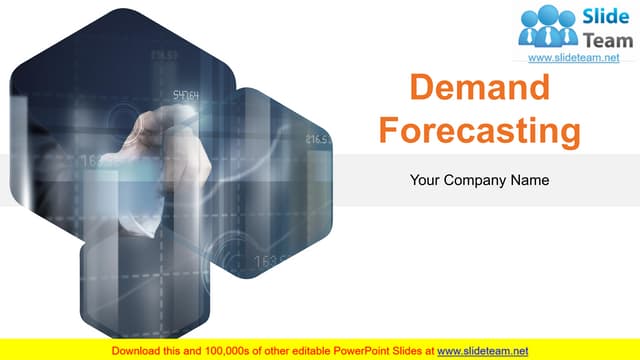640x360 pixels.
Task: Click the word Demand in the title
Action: (481, 90)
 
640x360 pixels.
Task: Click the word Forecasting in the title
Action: (481, 131)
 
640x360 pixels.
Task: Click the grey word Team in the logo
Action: (609, 39)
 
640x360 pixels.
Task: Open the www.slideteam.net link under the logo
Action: (573, 59)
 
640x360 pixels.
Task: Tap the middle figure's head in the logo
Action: (549, 15)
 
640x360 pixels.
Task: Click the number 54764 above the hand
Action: (186, 96)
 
